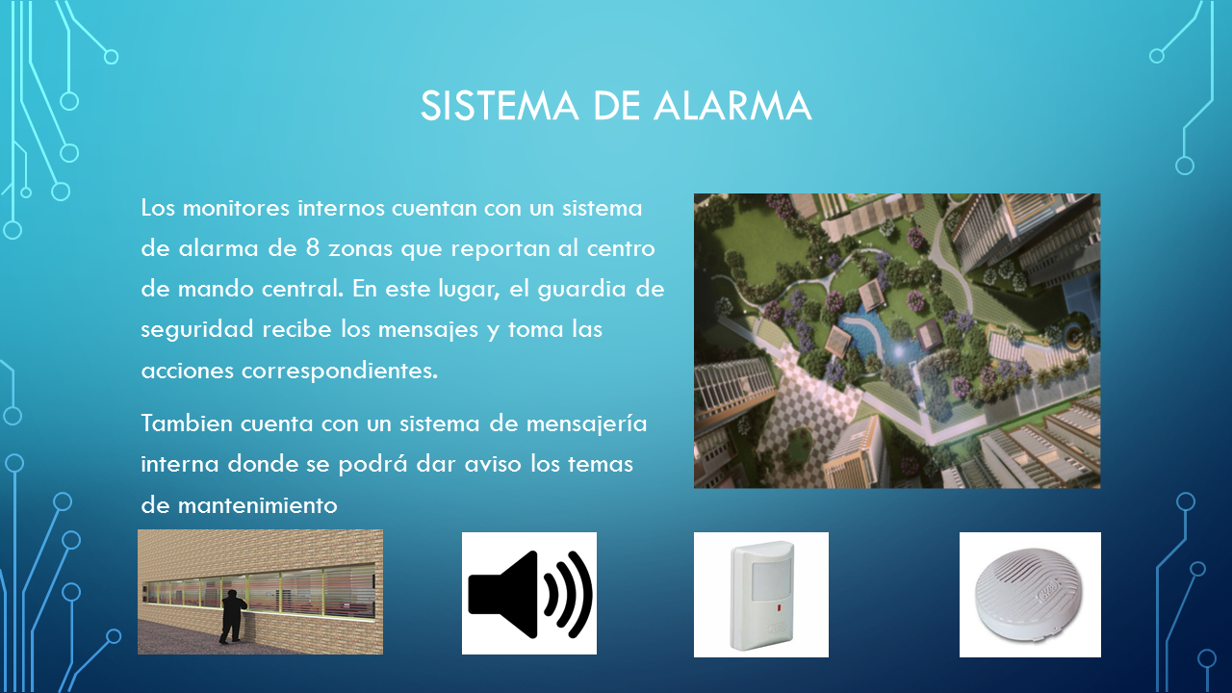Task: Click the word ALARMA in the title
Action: click(x=732, y=106)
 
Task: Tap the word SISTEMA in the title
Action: click(x=500, y=106)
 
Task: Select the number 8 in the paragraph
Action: click(x=313, y=248)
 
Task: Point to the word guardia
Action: click(x=582, y=290)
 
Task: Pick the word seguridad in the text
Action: click(x=197, y=329)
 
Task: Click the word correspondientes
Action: click(x=340, y=372)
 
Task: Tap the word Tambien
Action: click(x=187, y=423)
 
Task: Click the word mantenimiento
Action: click(x=257, y=505)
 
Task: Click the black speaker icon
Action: click(x=529, y=594)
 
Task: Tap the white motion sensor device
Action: click(x=761, y=595)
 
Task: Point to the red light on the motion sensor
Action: click(x=779, y=609)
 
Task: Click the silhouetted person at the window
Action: click(x=233, y=616)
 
